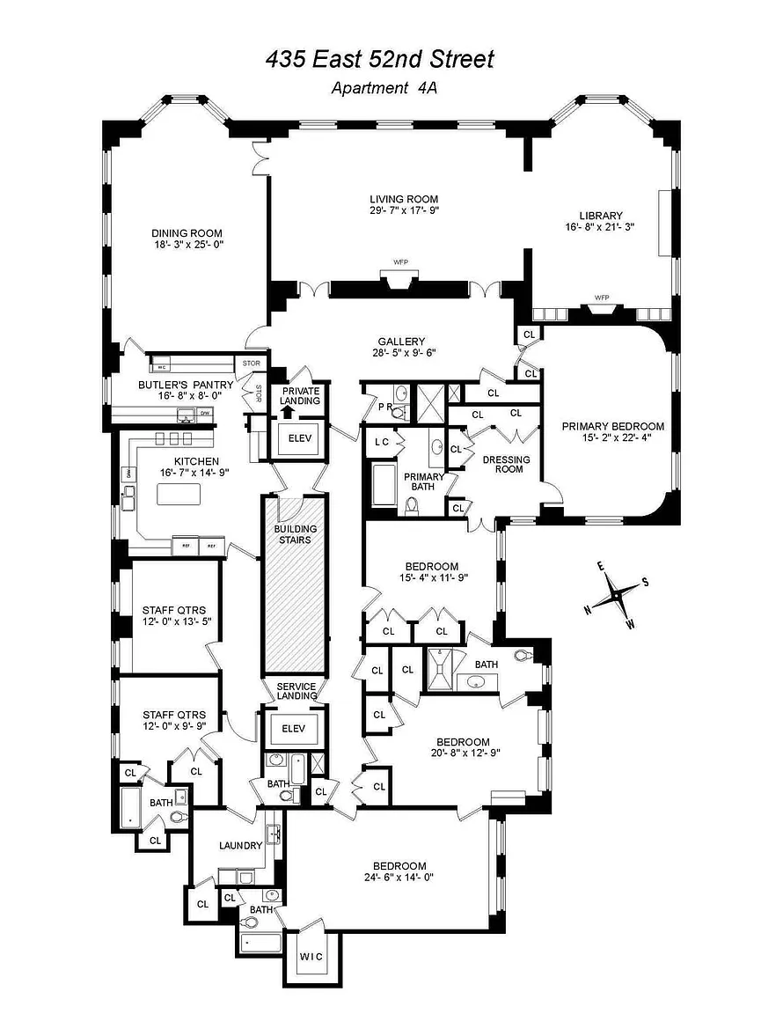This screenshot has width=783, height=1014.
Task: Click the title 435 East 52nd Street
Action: pyautogui.click(x=380, y=60)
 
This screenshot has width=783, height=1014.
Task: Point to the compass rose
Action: pyautogui.click(x=618, y=596)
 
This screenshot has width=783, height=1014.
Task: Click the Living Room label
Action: pyautogui.click(x=403, y=199)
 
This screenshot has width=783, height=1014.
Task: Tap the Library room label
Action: pyautogui.click(x=601, y=216)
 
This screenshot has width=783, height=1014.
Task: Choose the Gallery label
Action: pyautogui.click(x=401, y=342)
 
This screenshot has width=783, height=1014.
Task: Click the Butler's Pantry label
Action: pyautogui.click(x=186, y=385)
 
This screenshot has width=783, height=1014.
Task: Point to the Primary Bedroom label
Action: pyautogui.click(x=613, y=427)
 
